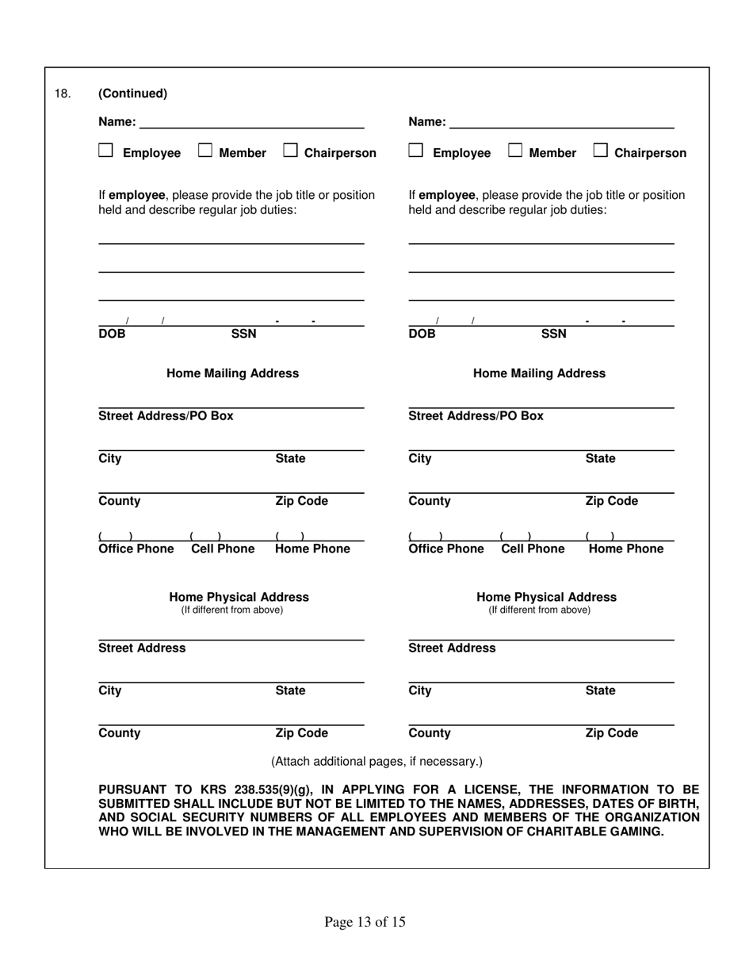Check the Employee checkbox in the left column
coord(105,151)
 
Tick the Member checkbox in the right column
coord(515,151)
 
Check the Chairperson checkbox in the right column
coord(600,151)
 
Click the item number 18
coord(63,94)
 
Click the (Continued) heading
coord(132,94)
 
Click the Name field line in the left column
coord(252,124)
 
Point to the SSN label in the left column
coord(243,334)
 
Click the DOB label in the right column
coord(422,334)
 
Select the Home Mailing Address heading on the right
coord(539,373)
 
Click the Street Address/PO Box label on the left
coord(166,416)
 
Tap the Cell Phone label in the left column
coord(224,549)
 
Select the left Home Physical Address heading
coord(239,597)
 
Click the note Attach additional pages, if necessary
coord(376,762)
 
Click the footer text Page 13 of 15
coord(365,922)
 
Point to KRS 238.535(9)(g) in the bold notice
coord(235,790)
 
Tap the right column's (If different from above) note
coord(539,610)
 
